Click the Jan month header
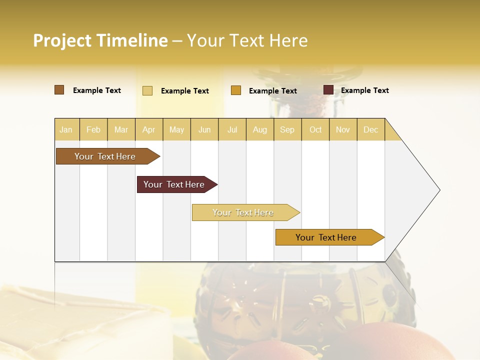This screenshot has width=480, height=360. pos(66,129)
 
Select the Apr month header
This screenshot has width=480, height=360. pos(148,129)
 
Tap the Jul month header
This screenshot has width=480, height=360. pos(232,129)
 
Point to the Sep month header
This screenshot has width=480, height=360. pos(287,129)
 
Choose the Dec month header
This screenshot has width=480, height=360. pos(370,129)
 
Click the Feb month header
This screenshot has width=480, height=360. pos(93,129)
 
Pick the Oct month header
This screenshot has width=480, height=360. pos(315,129)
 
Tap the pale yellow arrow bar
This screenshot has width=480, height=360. pos(243,212)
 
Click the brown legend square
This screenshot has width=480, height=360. pos(59,90)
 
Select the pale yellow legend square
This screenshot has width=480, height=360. pos(147,90)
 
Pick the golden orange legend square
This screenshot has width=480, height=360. pos(236,90)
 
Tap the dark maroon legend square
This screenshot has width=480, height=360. pos(328,90)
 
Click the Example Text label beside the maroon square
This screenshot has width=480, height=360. pos(364,90)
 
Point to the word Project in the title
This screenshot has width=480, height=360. pos(62,40)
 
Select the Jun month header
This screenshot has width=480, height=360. pos(204,129)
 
